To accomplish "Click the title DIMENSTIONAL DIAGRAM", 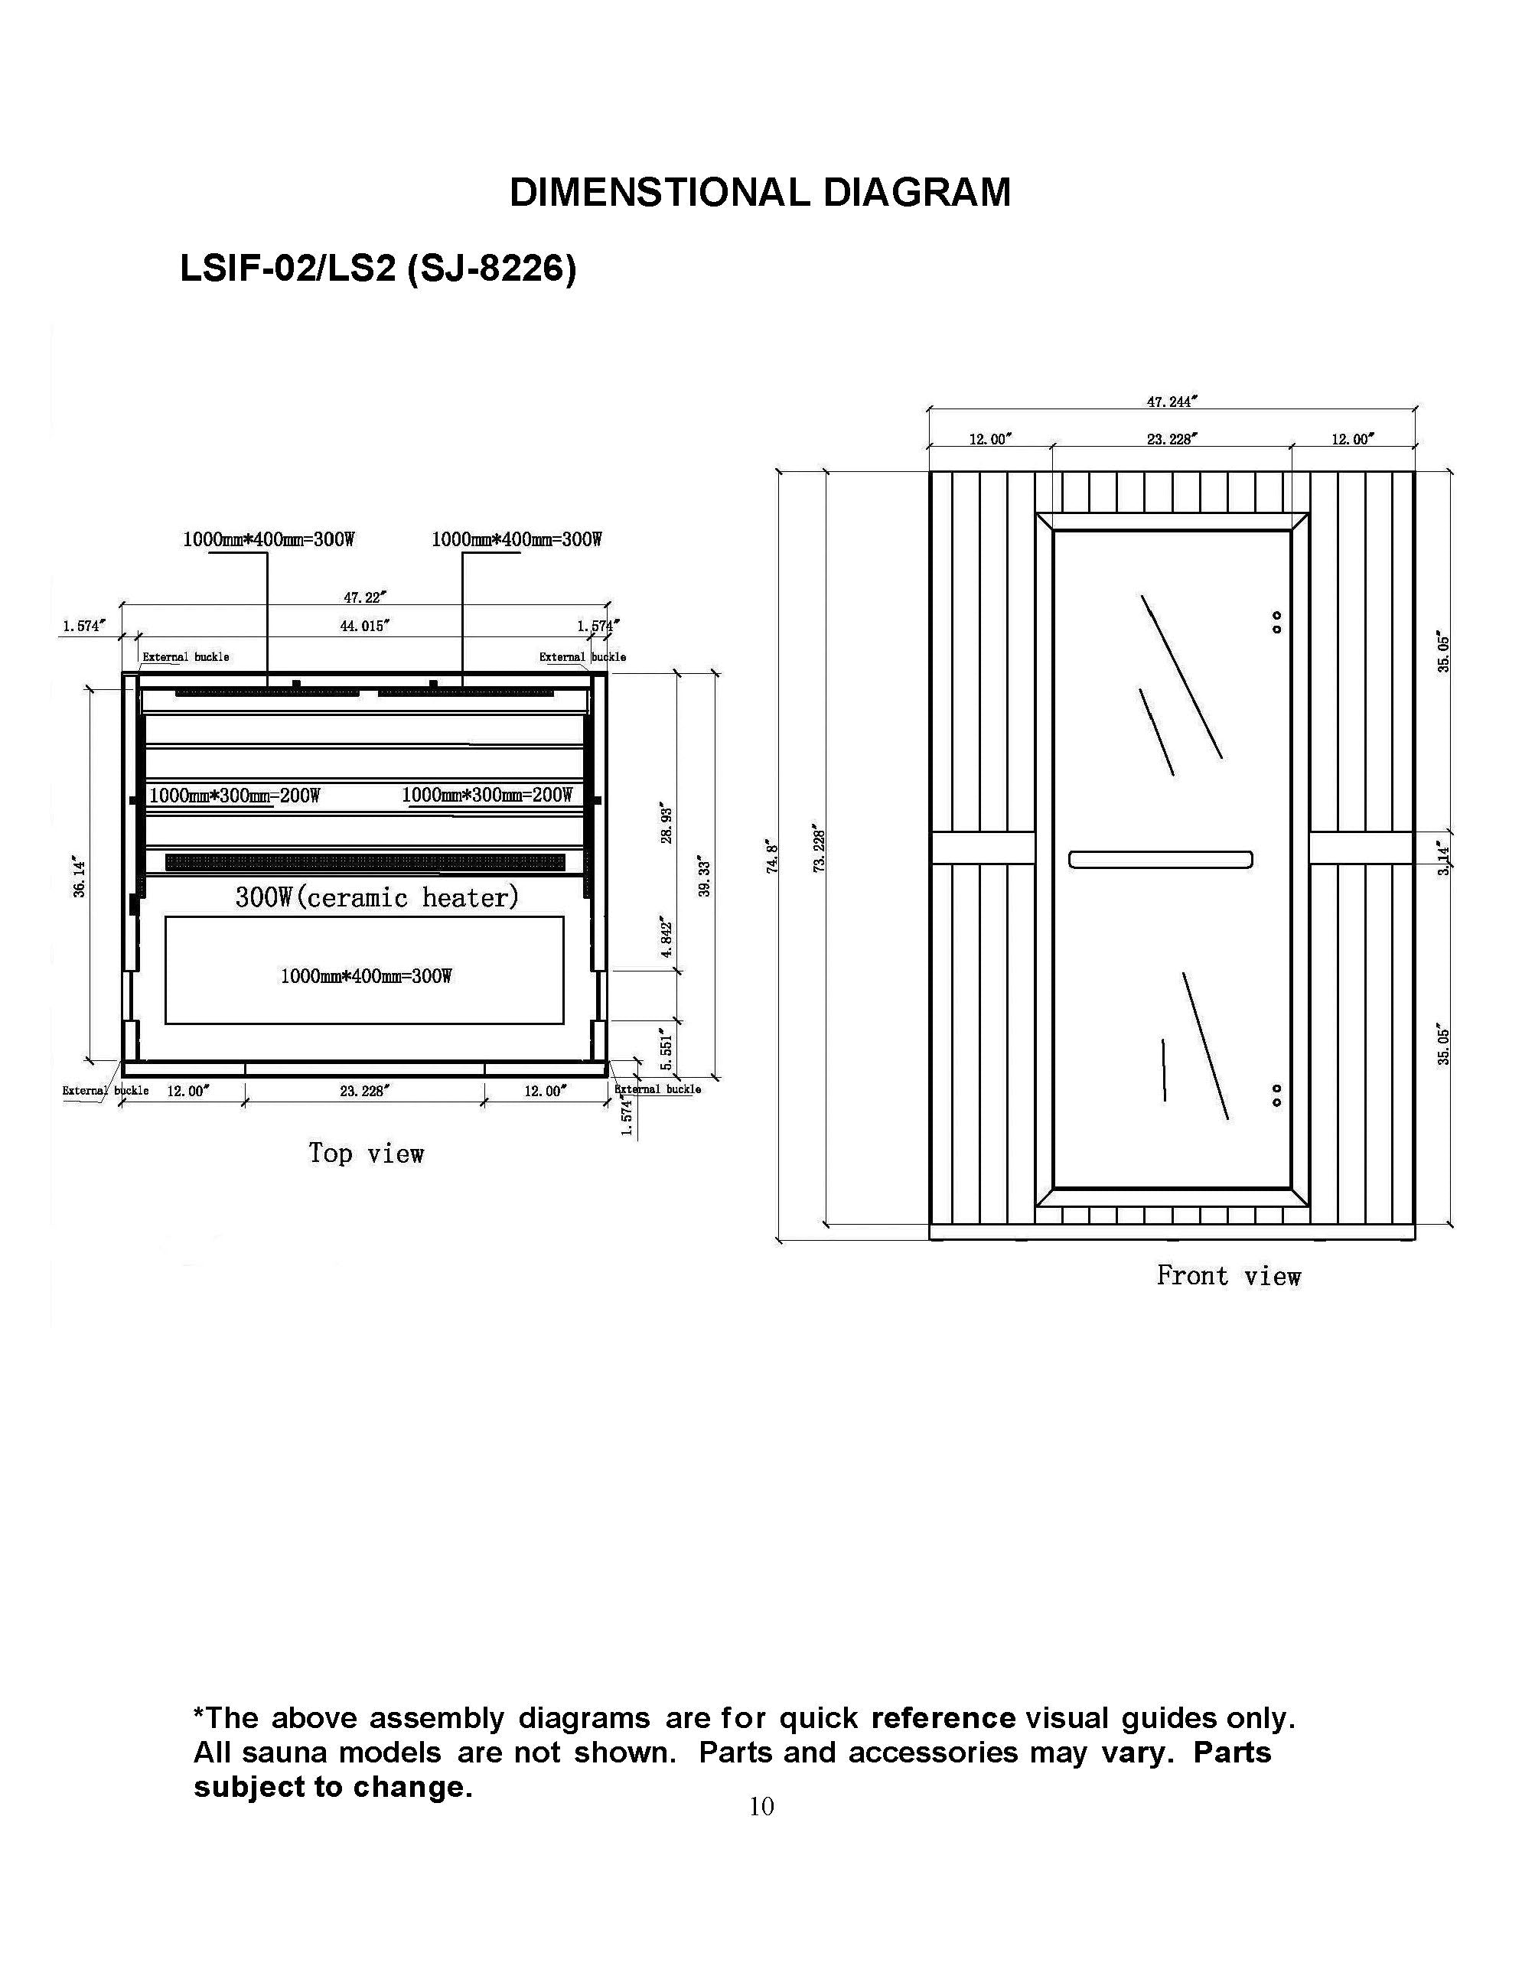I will [x=760, y=193].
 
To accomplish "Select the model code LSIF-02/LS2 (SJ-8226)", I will [x=378, y=268].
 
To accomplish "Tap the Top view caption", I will [x=366, y=1153].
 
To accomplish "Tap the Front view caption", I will [x=1228, y=1276].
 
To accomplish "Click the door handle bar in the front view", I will [x=1160, y=859].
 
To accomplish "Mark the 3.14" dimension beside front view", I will [x=1443, y=859].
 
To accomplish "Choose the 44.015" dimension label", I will [x=364, y=626].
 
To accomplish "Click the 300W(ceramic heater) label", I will [x=377, y=898].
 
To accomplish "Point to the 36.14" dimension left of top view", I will [x=80, y=878].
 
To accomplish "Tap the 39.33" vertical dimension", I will [x=705, y=878].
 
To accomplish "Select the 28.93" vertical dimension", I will [x=666, y=822].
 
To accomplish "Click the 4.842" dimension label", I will [x=666, y=939].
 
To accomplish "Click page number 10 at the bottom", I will [x=761, y=1806].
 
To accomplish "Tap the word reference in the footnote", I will [x=944, y=1717].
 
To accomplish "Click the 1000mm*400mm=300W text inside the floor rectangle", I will [x=366, y=975].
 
